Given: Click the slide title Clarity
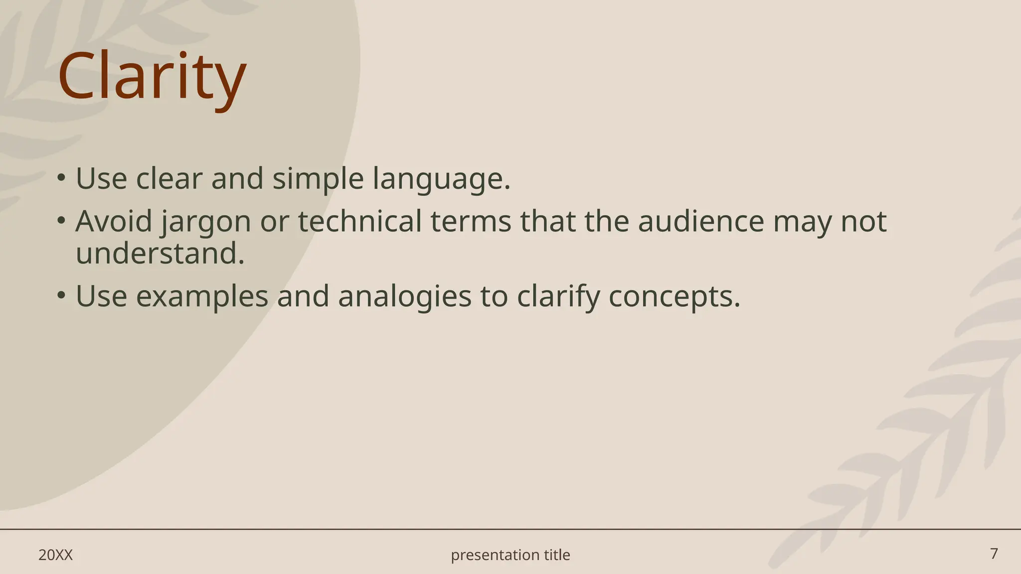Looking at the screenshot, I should point(152,77).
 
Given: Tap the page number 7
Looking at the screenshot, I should point(994,554).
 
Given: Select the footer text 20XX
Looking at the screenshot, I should point(55,555).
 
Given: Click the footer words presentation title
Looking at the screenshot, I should point(510,555).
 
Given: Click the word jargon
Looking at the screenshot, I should point(206,222).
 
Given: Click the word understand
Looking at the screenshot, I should point(160,254).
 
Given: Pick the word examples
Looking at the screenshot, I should point(202,296).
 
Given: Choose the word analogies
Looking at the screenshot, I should point(404,296).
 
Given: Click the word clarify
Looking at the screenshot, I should point(558,296).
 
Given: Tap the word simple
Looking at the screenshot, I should point(318,179).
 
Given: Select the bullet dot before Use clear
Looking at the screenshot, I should point(61,178).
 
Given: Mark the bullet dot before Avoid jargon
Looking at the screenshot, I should point(61,220).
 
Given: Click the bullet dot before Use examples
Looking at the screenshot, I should point(61,295).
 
